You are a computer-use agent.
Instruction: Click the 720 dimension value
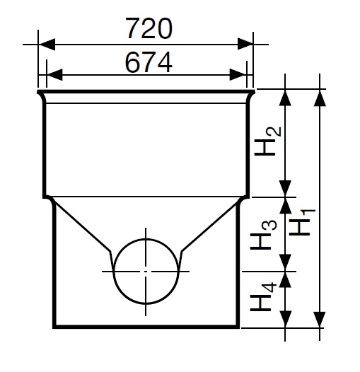point(149,28)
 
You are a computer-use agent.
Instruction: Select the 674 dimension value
point(149,62)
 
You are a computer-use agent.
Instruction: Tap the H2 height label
point(267,141)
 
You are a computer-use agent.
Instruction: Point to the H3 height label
point(263,235)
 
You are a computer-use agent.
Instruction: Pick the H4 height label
point(263,296)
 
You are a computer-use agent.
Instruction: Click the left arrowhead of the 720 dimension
point(47,44)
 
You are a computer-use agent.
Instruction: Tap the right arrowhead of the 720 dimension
point(245,44)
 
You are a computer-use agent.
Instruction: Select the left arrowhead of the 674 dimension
point(55,75)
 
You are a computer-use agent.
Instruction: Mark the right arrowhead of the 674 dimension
point(238,75)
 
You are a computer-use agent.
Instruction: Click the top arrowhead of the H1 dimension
point(320,98)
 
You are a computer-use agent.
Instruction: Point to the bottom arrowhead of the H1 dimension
point(320,320)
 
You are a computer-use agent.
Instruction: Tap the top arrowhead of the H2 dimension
point(285,98)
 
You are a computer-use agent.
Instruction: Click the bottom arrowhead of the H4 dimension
point(285,320)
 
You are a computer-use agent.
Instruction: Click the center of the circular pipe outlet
point(146,271)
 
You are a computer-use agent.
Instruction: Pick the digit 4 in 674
point(165,62)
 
